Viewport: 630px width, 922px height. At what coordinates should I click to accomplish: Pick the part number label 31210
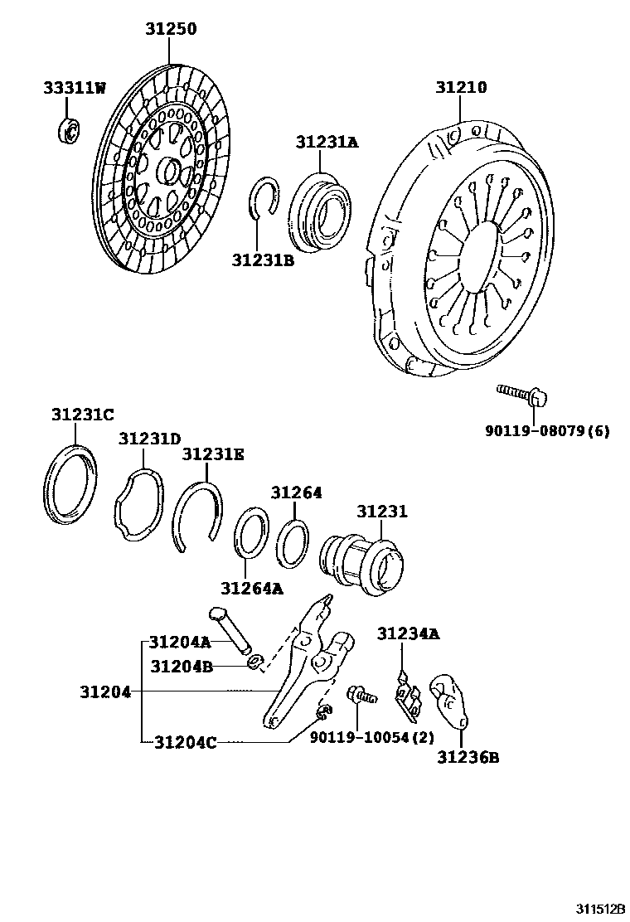point(462,87)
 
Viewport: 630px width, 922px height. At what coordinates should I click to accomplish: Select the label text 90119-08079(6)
point(547,431)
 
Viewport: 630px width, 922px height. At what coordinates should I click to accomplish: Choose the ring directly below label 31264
point(292,543)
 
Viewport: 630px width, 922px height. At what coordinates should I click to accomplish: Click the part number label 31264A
point(251,589)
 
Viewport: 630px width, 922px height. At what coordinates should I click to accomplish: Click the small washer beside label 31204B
point(256,662)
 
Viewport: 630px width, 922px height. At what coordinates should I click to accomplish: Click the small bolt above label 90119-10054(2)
point(362,695)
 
